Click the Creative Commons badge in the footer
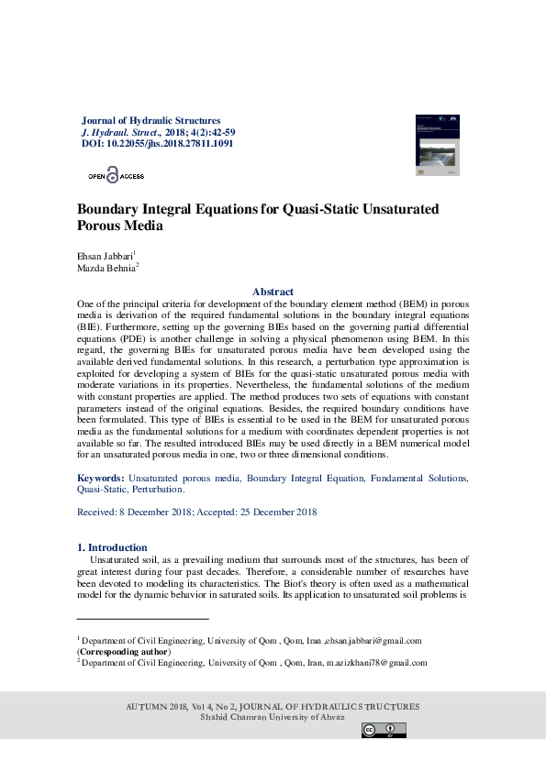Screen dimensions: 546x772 coord(384,730)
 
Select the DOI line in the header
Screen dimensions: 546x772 coord(157,144)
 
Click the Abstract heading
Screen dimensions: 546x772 coord(273,291)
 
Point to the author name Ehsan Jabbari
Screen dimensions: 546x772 coord(105,255)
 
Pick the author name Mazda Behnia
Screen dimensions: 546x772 coord(106,267)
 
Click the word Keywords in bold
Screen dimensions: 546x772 coord(100,479)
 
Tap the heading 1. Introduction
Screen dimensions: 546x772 coord(111,547)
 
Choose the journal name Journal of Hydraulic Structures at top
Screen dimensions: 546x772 coord(151,120)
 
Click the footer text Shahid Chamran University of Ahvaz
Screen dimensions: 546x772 coord(273,716)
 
